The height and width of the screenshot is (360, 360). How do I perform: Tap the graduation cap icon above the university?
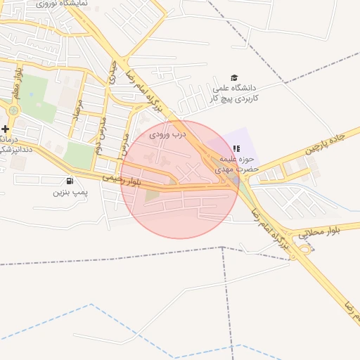(x=234, y=78)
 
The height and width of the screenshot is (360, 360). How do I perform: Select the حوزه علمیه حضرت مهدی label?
(x=236, y=164)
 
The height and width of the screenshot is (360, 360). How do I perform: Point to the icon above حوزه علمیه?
(x=236, y=148)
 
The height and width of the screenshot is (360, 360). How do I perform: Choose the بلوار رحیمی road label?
(x=122, y=181)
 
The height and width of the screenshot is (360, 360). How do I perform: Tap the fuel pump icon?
(x=69, y=180)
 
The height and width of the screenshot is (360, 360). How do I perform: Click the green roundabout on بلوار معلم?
(x=13, y=110)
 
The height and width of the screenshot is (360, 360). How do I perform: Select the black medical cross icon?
(x=6, y=129)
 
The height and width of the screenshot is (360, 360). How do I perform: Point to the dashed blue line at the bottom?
(x=91, y=305)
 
